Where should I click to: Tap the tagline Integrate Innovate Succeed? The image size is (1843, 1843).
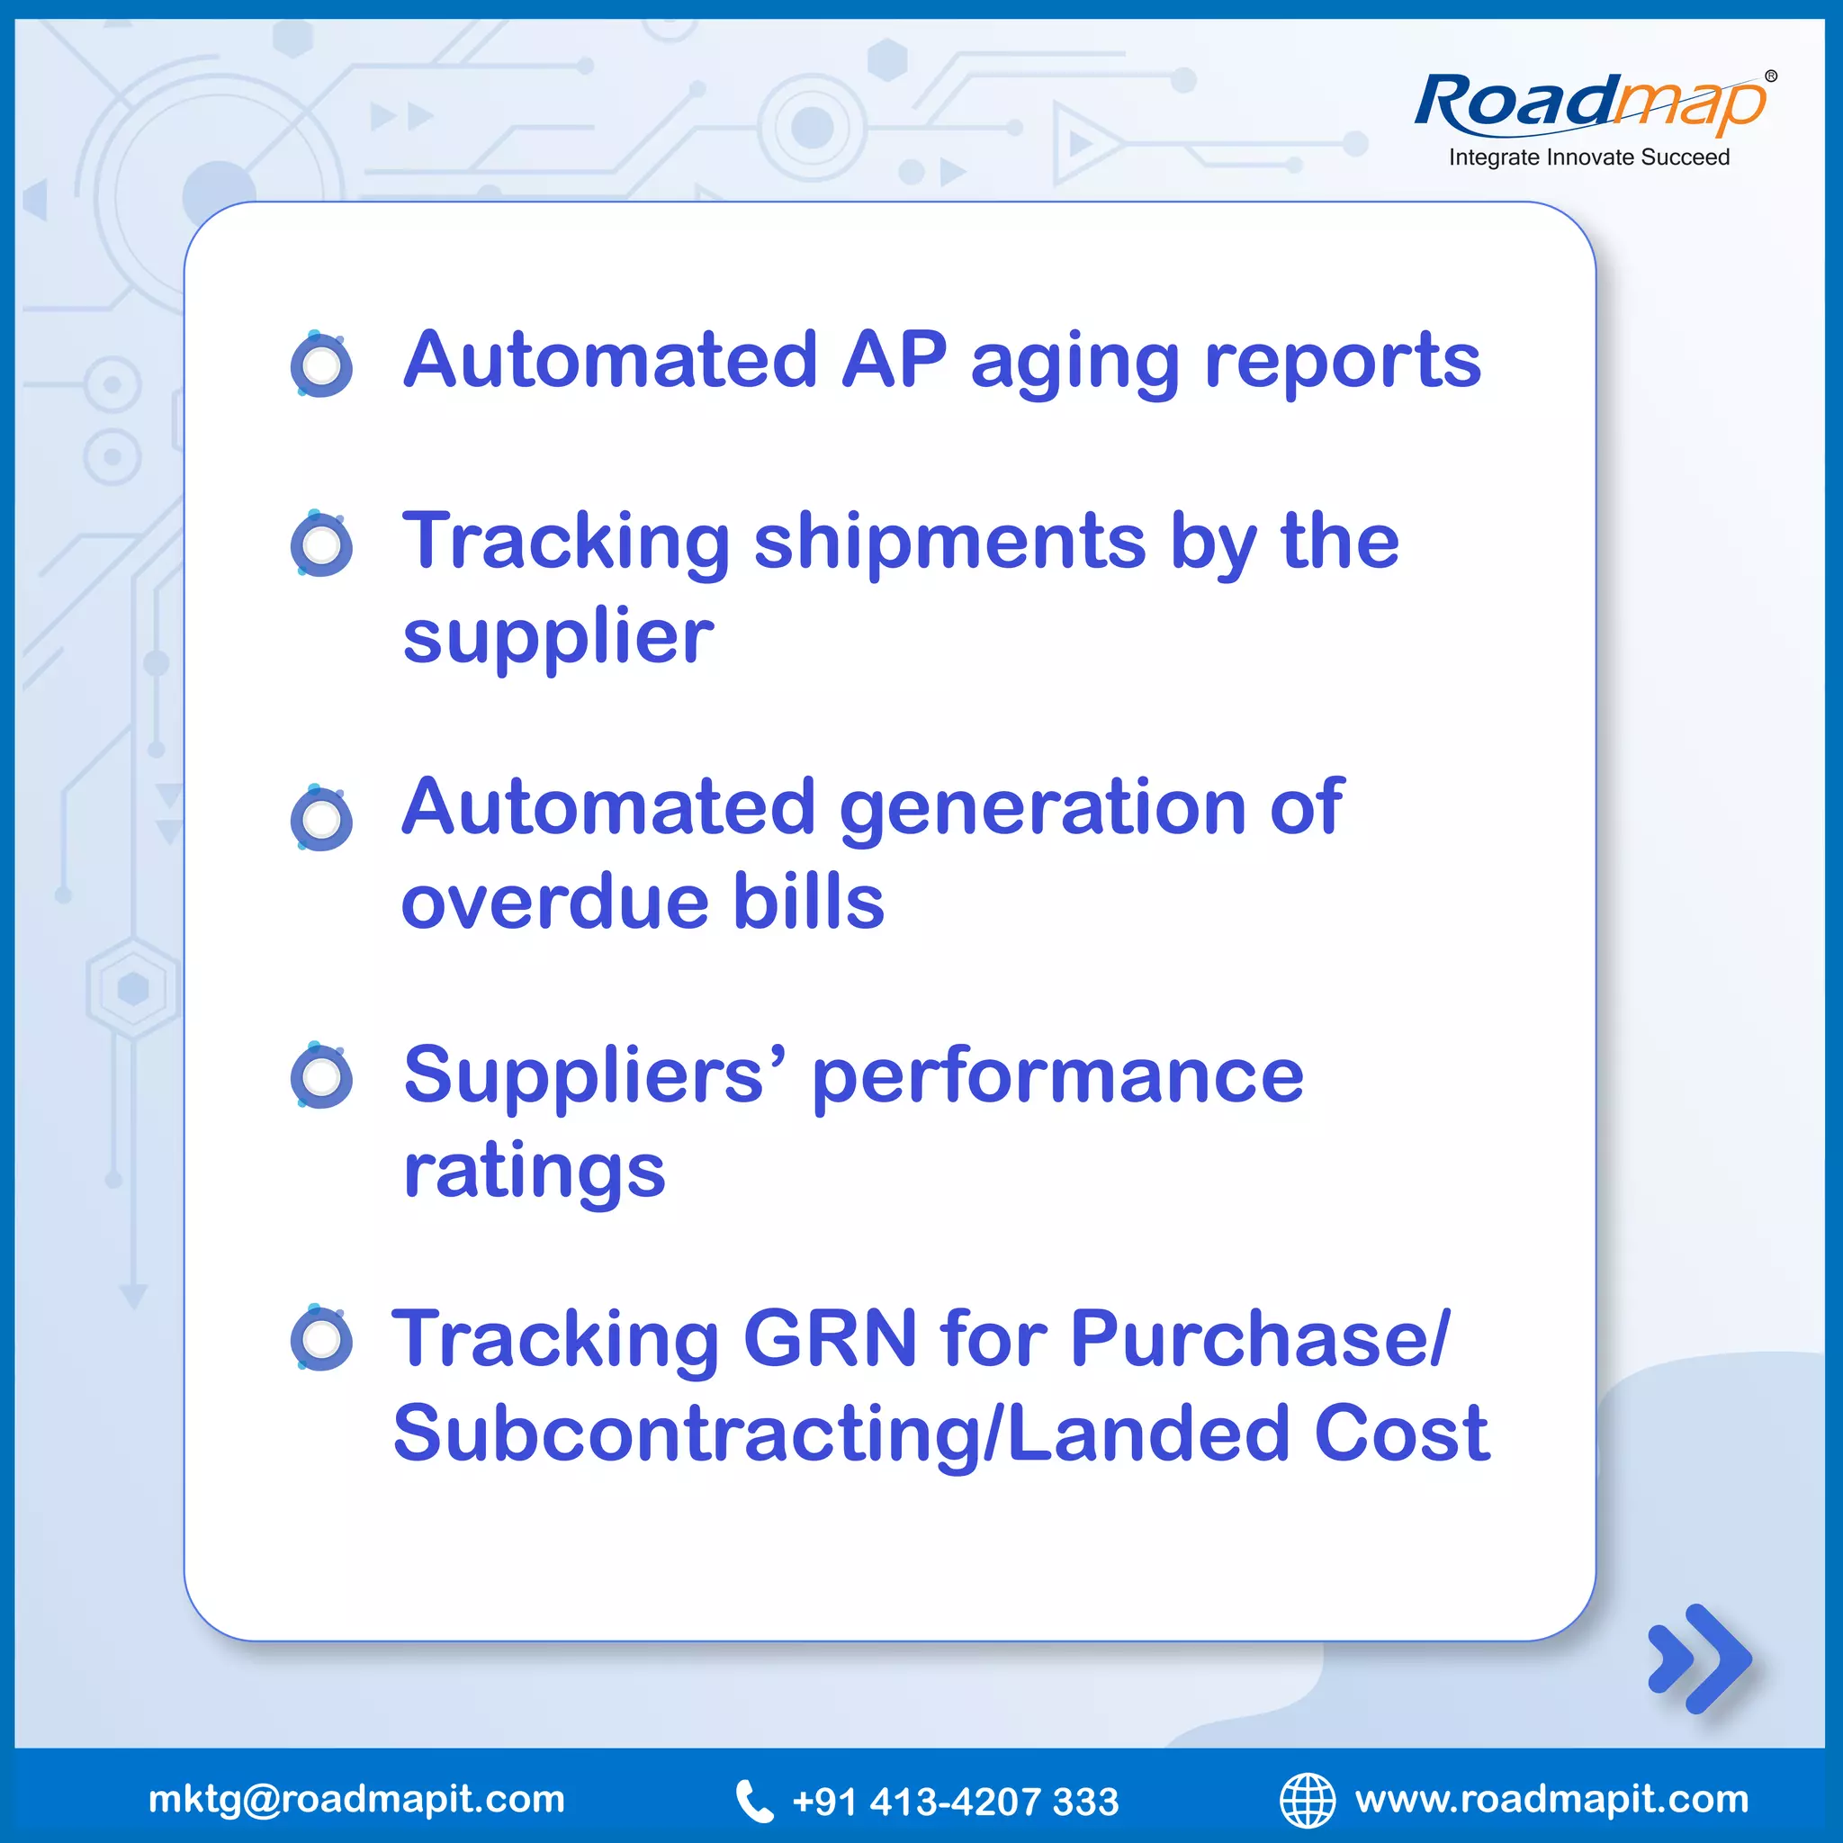pos(1588,157)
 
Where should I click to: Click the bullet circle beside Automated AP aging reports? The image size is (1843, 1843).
pos(321,364)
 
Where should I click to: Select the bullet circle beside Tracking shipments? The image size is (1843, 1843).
pos(321,544)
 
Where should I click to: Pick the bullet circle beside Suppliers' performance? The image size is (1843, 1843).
pos(321,1077)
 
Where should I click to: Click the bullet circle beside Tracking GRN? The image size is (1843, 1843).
pos(321,1339)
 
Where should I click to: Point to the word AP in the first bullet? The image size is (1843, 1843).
pos(894,360)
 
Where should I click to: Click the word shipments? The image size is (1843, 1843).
pos(950,543)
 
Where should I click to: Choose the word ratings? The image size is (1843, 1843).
pos(535,1173)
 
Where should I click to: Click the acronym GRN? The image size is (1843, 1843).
pos(829,1339)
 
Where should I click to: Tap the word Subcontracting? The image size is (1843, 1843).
pos(687,1434)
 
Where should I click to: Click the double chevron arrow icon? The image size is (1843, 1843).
pos(1699,1659)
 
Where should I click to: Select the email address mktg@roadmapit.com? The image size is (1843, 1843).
pos(356,1799)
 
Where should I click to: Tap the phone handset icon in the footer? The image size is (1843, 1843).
pos(753,1801)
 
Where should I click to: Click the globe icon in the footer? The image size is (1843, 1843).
pos(1307,1800)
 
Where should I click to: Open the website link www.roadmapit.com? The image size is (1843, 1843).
pos(1551,1799)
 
